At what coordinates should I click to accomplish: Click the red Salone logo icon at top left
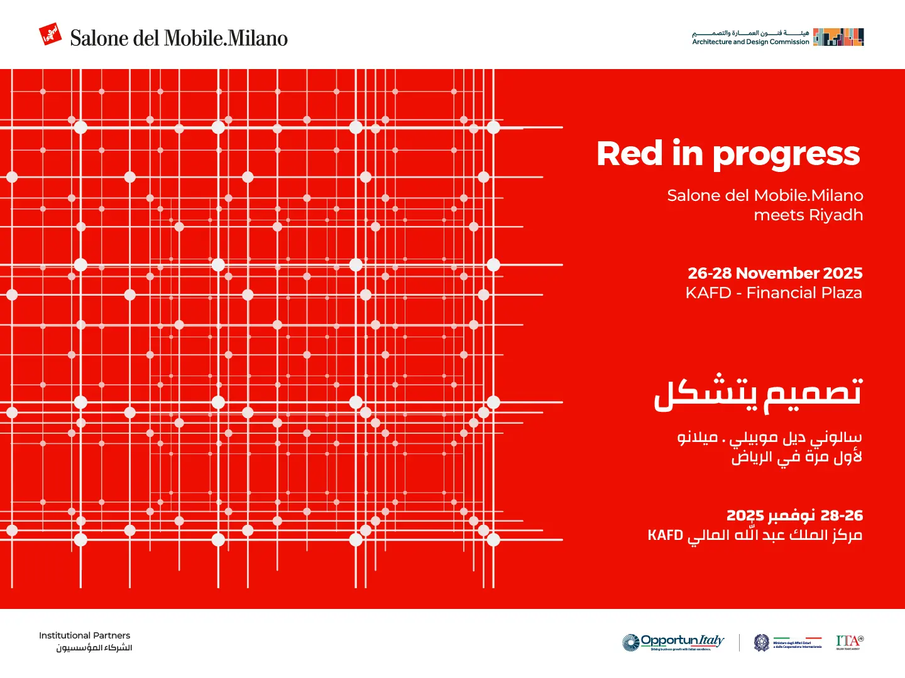50,35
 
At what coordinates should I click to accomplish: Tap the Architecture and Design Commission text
750,42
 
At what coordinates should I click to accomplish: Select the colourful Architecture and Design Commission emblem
838,37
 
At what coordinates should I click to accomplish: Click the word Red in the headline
630,154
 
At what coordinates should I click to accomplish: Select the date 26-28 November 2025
775,273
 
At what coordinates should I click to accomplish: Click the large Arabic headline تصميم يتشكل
757,394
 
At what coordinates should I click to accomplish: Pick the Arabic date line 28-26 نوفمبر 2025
794,515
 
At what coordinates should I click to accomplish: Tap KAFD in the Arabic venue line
665,535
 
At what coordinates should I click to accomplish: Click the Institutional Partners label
84,635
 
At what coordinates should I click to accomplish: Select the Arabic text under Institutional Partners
94,648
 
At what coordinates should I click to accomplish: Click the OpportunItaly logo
674,642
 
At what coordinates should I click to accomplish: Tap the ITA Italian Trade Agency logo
850,642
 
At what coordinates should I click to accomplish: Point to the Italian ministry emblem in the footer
762,642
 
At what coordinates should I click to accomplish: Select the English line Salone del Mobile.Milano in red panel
765,196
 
